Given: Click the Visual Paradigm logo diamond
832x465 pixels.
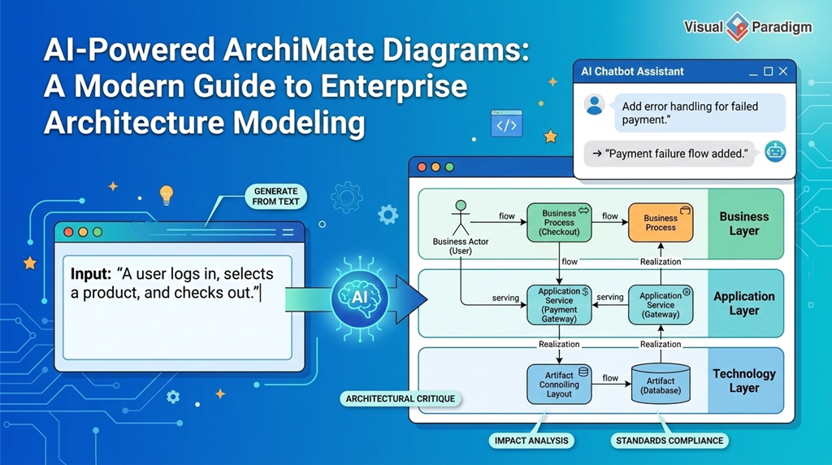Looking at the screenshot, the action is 737,27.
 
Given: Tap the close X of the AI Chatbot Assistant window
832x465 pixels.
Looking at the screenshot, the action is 782,71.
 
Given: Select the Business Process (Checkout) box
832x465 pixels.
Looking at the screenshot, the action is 559,223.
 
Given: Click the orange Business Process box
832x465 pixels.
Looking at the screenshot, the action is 661,223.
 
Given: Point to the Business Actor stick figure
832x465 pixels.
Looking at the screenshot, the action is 461,218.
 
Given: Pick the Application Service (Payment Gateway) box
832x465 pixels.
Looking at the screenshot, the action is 559,305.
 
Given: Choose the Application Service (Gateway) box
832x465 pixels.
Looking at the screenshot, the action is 661,305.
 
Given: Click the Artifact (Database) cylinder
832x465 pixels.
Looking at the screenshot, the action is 661,383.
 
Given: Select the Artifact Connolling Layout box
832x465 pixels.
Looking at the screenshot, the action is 559,384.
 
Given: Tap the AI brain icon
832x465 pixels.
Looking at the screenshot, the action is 360,298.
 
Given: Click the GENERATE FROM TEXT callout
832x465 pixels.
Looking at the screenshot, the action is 276,197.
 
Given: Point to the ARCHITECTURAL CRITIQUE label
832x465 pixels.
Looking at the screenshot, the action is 400,398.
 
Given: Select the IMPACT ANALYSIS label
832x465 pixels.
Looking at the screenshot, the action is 531,441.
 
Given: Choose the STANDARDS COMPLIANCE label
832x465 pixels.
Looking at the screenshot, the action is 669,441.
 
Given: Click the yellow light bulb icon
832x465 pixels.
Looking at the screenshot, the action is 167,195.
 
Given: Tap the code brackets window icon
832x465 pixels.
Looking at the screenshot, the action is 506,124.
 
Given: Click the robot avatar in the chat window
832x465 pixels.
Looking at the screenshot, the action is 775,152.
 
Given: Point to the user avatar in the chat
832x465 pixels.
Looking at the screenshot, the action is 594,105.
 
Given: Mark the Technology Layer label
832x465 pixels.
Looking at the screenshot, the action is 744,380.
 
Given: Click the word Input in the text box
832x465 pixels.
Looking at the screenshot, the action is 91,274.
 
